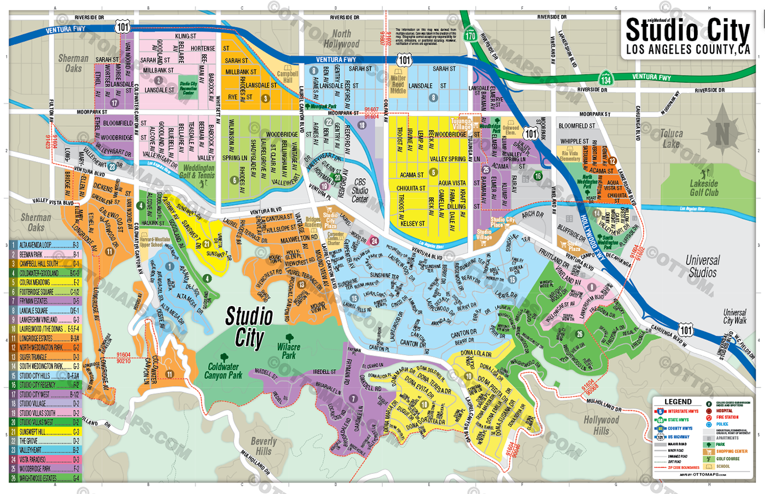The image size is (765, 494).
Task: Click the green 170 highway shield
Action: (x=470, y=35)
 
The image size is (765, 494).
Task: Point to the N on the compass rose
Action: (x=722, y=133)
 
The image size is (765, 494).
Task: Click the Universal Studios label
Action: (x=703, y=266)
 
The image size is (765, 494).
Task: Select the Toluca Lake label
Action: (x=671, y=139)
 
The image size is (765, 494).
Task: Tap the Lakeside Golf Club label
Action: (x=704, y=188)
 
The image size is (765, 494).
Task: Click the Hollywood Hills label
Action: (x=601, y=425)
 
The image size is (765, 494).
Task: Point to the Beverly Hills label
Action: (x=263, y=446)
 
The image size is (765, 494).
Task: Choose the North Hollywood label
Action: (x=342, y=39)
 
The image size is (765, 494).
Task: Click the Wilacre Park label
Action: (x=289, y=351)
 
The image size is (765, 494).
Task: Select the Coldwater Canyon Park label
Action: (x=223, y=371)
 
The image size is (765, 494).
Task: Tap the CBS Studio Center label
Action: (x=360, y=190)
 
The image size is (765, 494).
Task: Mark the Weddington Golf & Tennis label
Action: (x=198, y=172)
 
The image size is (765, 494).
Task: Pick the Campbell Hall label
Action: (x=287, y=77)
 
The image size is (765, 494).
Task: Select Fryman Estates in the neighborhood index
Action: (x=34, y=301)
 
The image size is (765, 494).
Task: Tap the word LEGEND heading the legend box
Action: (x=678, y=402)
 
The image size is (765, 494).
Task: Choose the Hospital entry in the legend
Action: (x=724, y=410)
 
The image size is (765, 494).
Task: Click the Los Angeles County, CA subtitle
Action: (x=688, y=50)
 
